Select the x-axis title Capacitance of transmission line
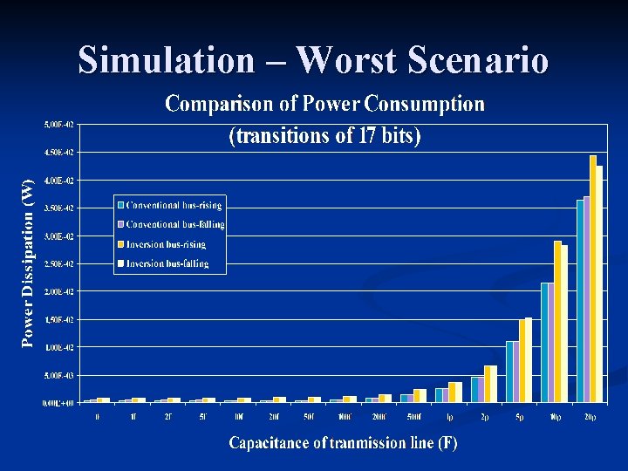tap(343, 443)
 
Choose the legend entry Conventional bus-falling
tap(174, 224)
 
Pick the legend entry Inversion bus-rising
tap(166, 244)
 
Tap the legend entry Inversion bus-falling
tap(167, 263)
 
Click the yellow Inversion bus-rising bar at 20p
tap(593, 279)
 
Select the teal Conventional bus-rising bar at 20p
tap(580, 301)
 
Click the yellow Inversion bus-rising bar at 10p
tap(557, 322)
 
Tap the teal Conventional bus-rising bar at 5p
tap(509, 372)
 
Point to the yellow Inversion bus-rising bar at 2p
tap(488, 384)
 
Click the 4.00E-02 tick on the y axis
tap(59, 181)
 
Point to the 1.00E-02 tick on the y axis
tap(59, 347)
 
